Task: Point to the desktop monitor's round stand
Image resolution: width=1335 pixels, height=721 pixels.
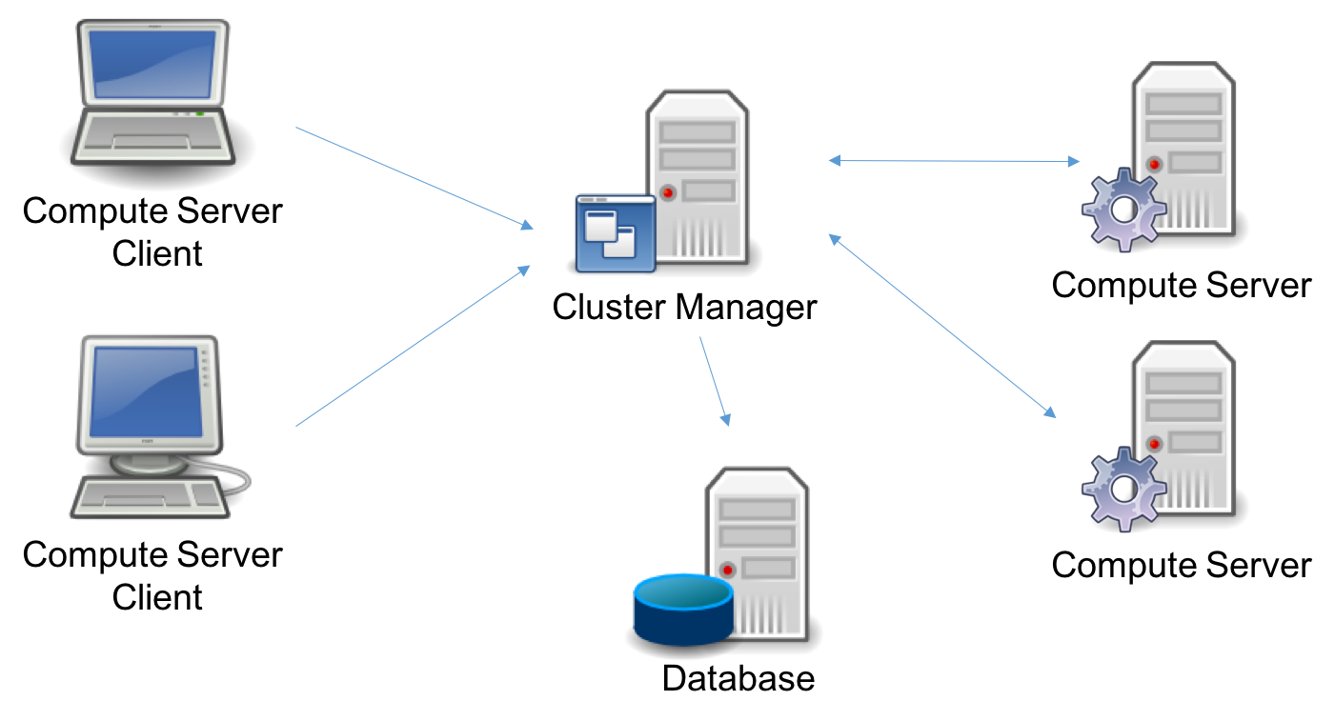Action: tap(149, 464)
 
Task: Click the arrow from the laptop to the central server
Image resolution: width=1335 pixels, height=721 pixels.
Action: tap(414, 178)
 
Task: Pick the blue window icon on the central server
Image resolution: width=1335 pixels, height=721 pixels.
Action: tap(615, 233)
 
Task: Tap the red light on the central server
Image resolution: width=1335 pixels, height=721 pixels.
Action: tap(668, 192)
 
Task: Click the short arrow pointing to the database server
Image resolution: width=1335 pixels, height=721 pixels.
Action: tap(715, 380)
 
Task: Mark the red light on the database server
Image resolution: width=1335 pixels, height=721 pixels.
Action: tap(728, 570)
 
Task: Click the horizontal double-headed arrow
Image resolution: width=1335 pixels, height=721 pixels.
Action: tap(953, 161)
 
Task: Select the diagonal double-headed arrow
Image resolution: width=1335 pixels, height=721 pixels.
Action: tap(941, 326)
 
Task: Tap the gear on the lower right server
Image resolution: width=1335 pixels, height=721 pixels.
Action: tap(1123, 489)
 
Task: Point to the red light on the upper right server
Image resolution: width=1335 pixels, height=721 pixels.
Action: tap(1154, 164)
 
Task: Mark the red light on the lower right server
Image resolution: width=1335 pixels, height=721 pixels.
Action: tap(1154, 443)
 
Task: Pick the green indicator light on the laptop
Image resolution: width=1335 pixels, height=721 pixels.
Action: tap(200, 114)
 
